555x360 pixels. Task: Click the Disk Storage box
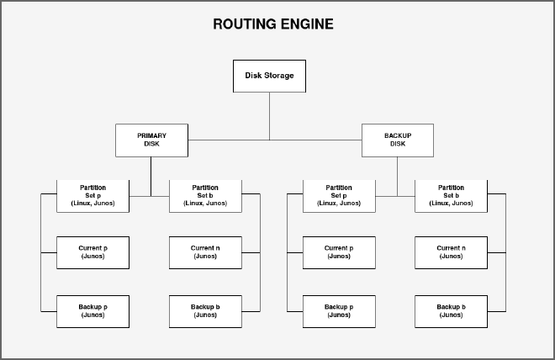tap(269, 76)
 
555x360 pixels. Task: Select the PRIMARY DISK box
tap(152, 140)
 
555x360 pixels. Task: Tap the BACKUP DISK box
tap(398, 140)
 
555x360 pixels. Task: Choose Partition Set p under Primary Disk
tap(92, 195)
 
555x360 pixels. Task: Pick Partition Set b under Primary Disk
tap(205, 195)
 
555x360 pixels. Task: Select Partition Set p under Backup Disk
tap(339, 195)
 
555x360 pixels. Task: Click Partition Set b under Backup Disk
tap(451, 195)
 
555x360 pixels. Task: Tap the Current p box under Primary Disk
tap(92, 252)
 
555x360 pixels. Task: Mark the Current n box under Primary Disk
tap(205, 252)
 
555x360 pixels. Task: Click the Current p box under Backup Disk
tap(339, 252)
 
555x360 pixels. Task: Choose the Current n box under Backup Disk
tap(451, 252)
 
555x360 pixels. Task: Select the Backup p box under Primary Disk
tap(92, 311)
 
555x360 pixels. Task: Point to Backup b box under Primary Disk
tap(205, 311)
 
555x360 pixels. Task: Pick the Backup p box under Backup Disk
tap(339, 311)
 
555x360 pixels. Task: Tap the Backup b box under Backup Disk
tap(451, 311)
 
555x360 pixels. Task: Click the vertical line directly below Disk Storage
tap(269, 115)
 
